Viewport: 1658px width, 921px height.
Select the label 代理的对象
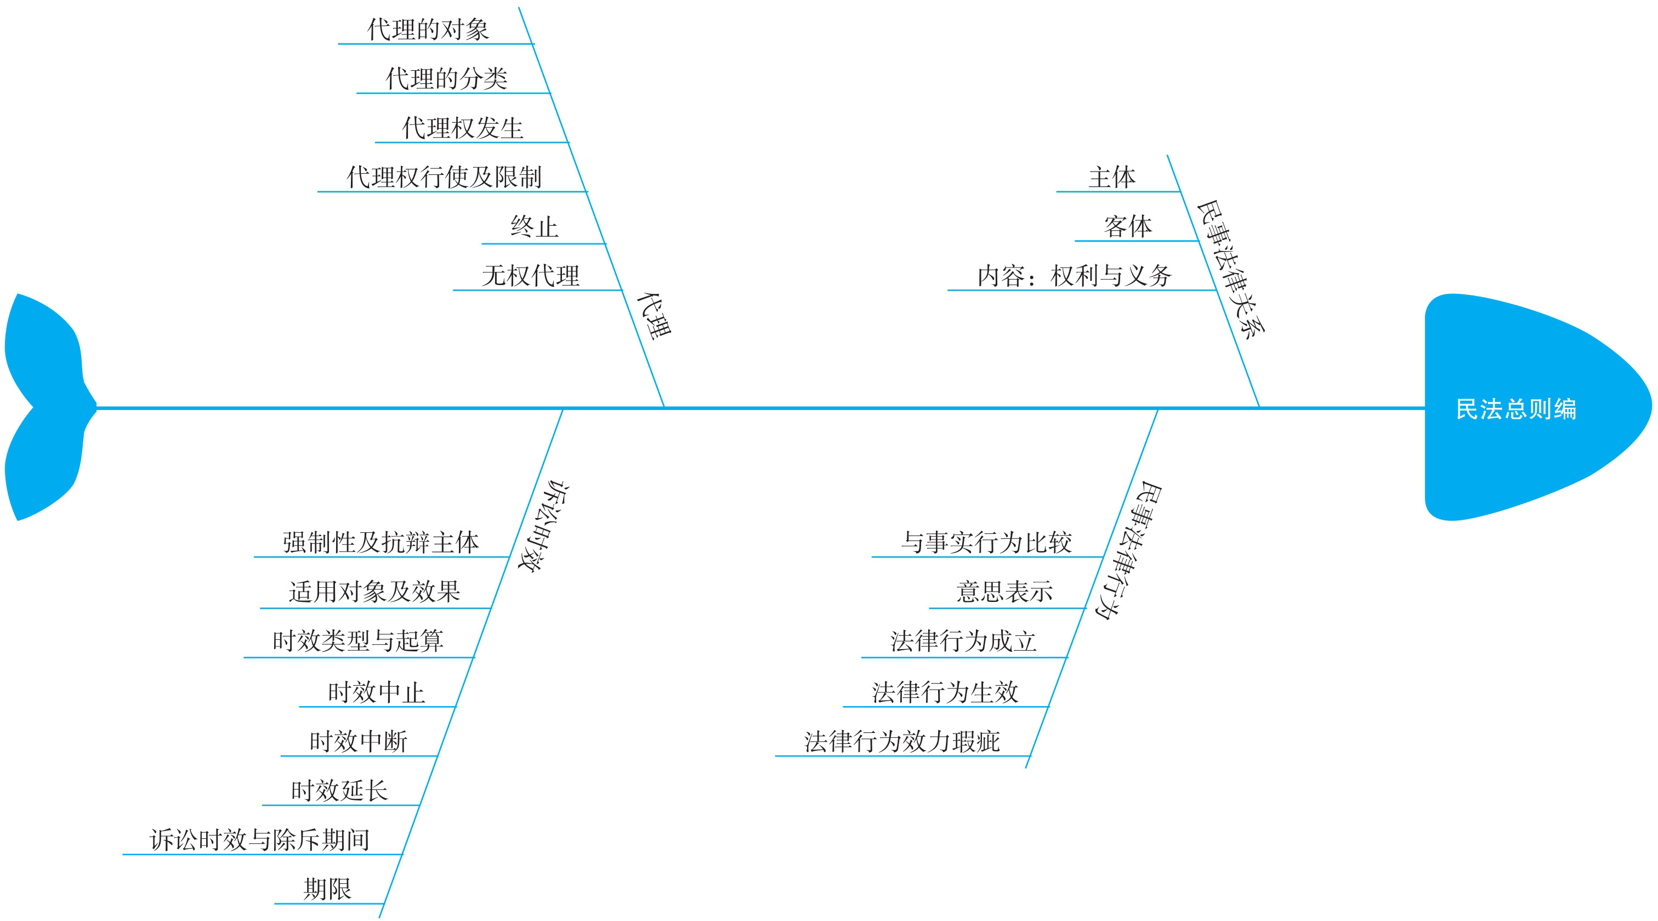click(x=428, y=30)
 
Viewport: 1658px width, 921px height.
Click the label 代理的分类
click(x=446, y=78)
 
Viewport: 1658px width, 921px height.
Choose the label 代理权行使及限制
click(x=444, y=177)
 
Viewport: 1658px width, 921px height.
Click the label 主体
click(x=1111, y=177)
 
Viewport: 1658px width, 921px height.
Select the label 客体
click(x=1128, y=226)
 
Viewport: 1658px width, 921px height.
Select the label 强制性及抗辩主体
click(x=381, y=543)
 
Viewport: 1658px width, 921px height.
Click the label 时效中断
click(x=359, y=741)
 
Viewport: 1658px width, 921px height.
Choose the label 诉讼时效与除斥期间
click(x=259, y=840)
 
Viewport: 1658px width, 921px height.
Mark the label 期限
click(x=328, y=889)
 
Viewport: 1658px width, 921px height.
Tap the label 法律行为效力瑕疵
click(x=902, y=741)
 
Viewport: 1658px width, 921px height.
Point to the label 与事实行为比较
click(x=986, y=543)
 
